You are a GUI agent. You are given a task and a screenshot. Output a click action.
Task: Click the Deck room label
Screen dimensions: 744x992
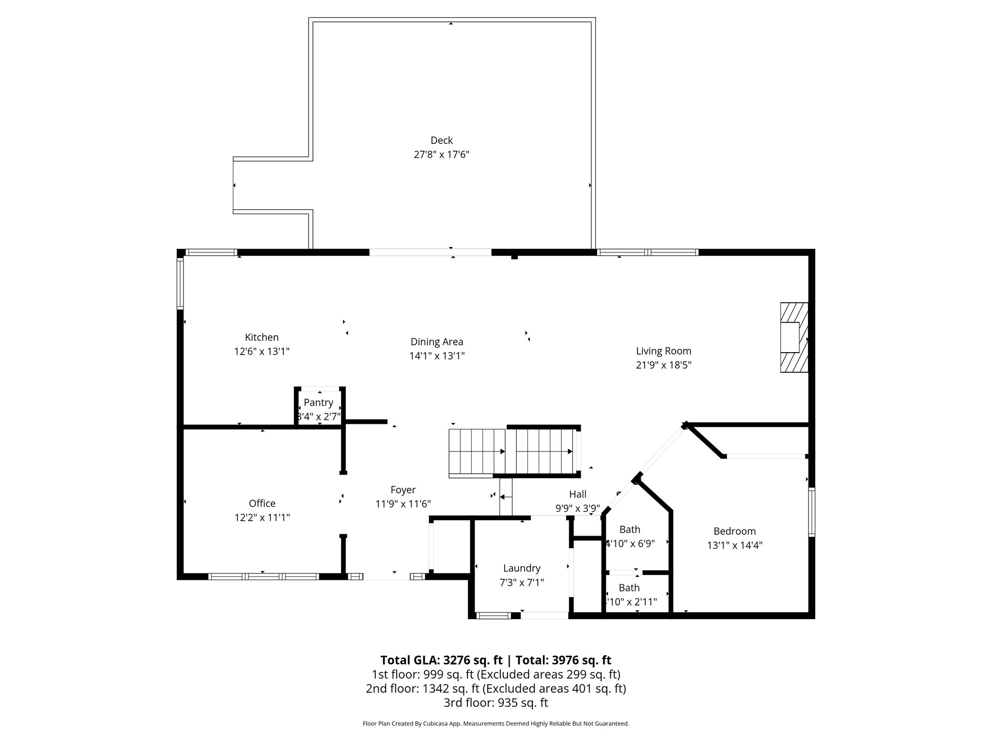(x=441, y=140)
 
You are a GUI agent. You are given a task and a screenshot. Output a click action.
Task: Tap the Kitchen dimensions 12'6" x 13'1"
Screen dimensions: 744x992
(x=262, y=352)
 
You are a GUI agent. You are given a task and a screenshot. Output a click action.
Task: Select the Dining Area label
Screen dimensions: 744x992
(x=437, y=342)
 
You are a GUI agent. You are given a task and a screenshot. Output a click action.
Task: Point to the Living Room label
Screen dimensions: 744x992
(x=663, y=351)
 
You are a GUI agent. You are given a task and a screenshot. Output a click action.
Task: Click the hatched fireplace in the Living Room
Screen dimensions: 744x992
(x=794, y=338)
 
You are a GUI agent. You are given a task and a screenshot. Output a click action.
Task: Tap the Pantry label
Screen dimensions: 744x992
(x=318, y=403)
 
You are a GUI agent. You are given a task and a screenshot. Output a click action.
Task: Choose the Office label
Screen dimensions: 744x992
(x=262, y=503)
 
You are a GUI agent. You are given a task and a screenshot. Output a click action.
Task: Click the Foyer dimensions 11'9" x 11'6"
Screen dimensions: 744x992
(x=403, y=504)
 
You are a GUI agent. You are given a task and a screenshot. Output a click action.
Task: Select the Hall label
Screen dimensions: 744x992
(x=577, y=494)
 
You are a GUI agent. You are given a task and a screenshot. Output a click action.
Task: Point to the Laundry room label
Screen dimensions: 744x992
(x=521, y=568)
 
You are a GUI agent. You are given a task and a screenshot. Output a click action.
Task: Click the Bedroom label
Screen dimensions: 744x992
(x=734, y=531)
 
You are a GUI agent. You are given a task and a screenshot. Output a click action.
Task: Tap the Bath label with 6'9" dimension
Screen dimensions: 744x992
(x=630, y=529)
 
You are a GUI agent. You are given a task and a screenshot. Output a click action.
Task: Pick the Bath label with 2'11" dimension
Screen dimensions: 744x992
(x=629, y=588)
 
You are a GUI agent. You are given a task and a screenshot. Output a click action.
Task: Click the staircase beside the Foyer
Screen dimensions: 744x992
(x=513, y=451)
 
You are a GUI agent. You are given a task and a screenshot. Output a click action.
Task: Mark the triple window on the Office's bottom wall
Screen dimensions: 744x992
(x=263, y=576)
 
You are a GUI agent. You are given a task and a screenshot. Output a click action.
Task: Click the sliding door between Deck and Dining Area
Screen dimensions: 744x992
(x=430, y=252)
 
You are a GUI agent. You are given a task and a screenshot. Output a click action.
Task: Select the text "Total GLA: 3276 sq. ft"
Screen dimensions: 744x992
(x=441, y=660)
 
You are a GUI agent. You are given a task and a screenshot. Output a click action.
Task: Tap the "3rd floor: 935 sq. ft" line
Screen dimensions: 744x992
(x=496, y=703)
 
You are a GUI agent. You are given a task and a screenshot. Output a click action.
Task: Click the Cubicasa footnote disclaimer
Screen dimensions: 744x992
(x=496, y=724)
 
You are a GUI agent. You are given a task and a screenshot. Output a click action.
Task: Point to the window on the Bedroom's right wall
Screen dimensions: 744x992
(x=811, y=512)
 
